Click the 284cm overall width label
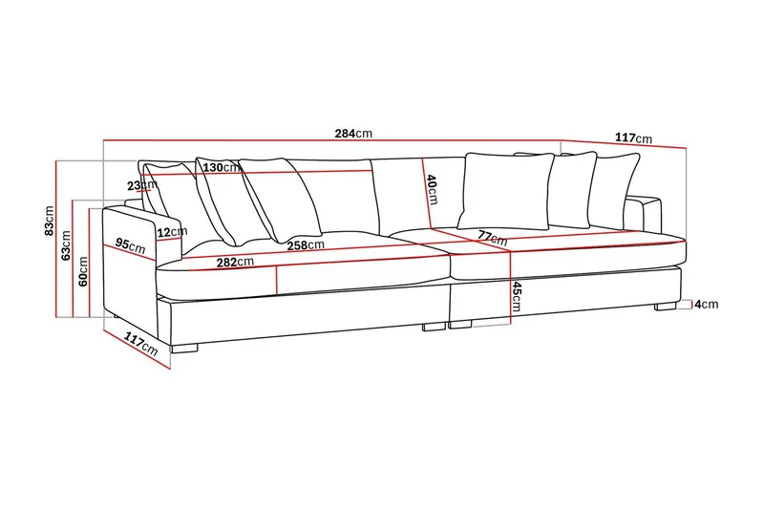pyautogui.click(x=353, y=133)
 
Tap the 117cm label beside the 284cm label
pyautogui.click(x=633, y=138)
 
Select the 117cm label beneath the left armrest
pyautogui.click(x=140, y=343)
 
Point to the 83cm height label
pyautogui.click(x=50, y=221)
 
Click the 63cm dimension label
pyautogui.click(x=66, y=245)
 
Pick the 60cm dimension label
pyautogui.click(x=83, y=271)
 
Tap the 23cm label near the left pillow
pyautogui.click(x=141, y=185)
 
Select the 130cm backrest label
pyautogui.click(x=222, y=167)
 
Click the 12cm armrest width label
pyautogui.click(x=172, y=232)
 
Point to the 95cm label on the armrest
pyautogui.click(x=130, y=245)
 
